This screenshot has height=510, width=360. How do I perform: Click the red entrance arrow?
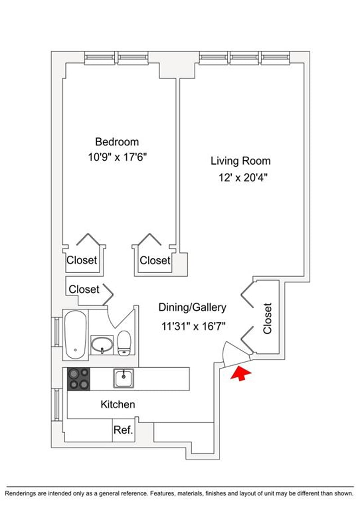tap(241, 373)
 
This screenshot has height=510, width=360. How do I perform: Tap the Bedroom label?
tap(117, 142)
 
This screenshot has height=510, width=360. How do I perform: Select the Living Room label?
tap(241, 161)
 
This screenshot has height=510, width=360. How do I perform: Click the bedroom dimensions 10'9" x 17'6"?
tap(117, 158)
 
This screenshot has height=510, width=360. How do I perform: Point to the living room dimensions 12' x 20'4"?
tap(243, 178)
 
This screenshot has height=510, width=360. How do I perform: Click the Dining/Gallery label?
tap(192, 307)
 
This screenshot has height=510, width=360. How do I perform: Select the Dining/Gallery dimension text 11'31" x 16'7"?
tap(193, 326)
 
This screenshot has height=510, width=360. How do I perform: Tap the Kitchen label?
tap(118, 404)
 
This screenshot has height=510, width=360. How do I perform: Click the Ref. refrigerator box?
tap(124, 430)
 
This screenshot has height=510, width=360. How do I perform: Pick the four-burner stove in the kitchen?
tap(79, 379)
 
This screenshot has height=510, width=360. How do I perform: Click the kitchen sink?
tap(124, 378)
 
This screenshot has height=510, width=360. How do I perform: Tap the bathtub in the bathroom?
tap(76, 334)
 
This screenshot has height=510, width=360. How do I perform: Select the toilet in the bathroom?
tap(124, 343)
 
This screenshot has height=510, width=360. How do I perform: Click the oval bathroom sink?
tap(102, 344)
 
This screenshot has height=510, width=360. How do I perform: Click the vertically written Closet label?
tap(267, 318)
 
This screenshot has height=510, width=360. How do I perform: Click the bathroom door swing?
tap(121, 318)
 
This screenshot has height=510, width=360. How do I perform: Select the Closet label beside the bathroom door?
tap(84, 289)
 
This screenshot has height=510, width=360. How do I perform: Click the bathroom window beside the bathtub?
tap(57, 332)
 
